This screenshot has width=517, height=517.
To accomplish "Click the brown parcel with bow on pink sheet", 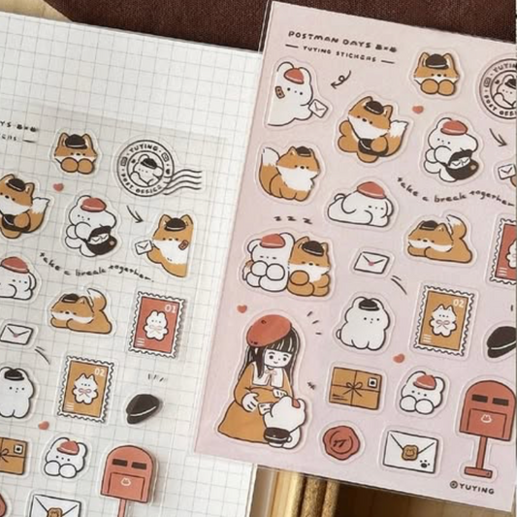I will point(355,387).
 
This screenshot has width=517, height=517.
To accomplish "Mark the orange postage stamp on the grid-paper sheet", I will point(85,387).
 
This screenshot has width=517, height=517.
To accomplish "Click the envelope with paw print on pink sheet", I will point(409,450).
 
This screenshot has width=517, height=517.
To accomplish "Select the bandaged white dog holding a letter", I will point(292,92).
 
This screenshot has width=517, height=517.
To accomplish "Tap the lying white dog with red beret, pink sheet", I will point(362,203).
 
